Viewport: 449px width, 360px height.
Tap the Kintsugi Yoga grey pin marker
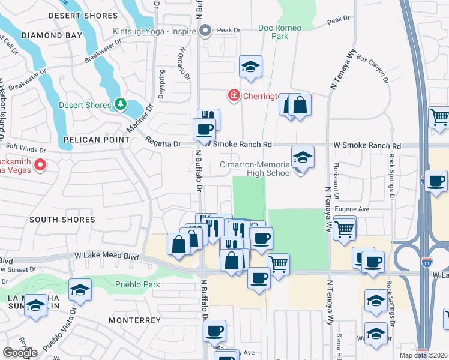point(206,30)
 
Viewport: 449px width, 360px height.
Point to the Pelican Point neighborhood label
point(97,139)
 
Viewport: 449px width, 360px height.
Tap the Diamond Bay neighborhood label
point(52,35)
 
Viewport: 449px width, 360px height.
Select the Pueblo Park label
point(139,284)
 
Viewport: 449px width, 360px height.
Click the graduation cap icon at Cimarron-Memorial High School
point(303,158)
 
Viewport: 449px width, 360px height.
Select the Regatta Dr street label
point(163,143)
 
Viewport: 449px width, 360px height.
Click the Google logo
point(20,353)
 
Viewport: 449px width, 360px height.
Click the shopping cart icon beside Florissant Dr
point(344,228)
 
